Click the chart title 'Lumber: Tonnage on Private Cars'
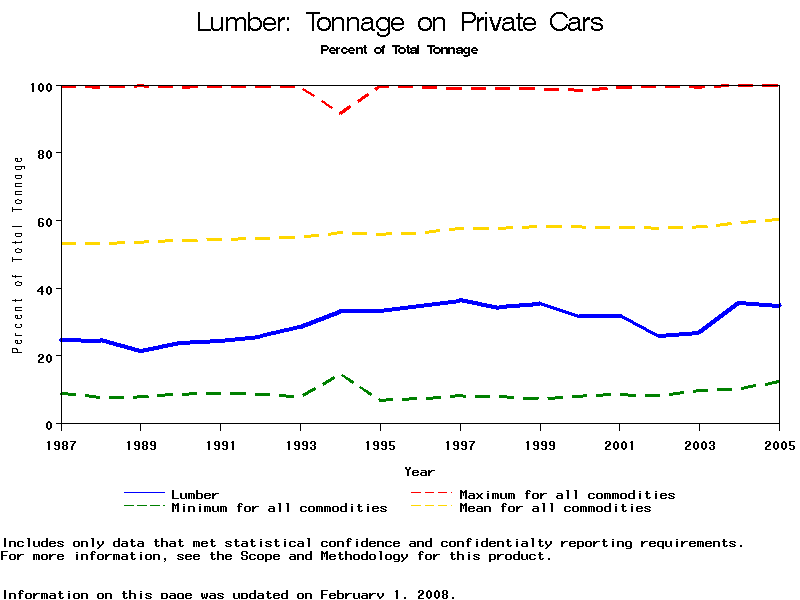tap(400, 22)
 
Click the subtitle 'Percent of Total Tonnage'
tap(399, 49)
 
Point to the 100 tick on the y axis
tap(40, 87)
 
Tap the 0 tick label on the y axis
tap(48, 425)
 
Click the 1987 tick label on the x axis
tap(61, 444)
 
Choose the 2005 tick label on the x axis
tap(779, 444)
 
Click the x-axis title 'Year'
tap(419, 471)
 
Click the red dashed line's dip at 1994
tap(341, 114)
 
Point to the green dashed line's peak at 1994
tap(341, 375)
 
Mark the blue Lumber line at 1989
tap(141, 351)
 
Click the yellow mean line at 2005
tap(779, 219)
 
